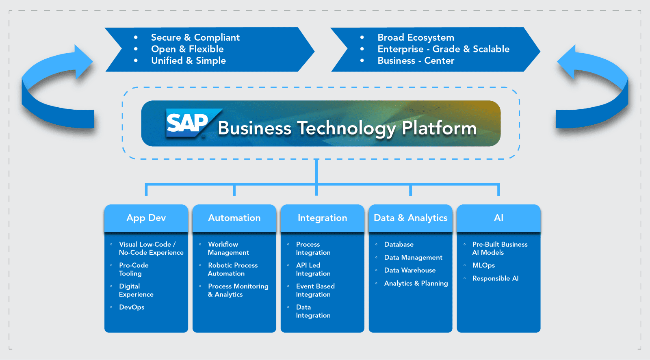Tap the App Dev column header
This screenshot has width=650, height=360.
(x=146, y=218)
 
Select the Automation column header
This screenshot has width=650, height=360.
(x=234, y=218)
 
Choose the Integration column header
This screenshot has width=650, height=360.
(x=322, y=218)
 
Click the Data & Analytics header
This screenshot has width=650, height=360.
(x=410, y=218)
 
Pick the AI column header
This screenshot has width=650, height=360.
(x=498, y=218)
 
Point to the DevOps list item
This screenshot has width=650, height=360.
(x=132, y=307)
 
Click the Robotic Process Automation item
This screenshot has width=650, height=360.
(x=232, y=269)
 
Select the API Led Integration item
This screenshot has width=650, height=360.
(x=313, y=269)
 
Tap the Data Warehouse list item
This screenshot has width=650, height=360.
(x=409, y=270)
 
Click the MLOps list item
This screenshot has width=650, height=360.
(x=483, y=265)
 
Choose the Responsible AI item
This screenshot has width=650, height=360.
(x=495, y=278)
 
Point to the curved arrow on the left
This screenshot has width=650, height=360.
(x=57, y=91)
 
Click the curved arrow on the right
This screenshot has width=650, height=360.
(x=593, y=91)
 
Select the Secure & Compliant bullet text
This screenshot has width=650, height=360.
(x=195, y=37)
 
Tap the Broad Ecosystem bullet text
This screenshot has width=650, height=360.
(x=416, y=37)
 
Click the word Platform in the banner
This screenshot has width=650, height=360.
(x=439, y=128)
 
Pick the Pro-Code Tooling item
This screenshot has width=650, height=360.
(x=134, y=269)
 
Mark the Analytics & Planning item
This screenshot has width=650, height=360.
(x=416, y=283)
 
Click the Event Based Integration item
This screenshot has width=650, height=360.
(x=315, y=291)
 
